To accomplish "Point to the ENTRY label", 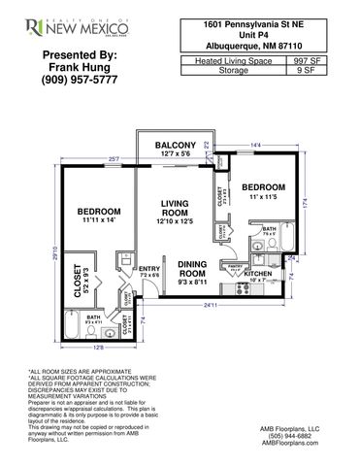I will pos(150,270).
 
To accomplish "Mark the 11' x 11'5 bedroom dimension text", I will pos(262,198).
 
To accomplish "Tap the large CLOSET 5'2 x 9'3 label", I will pos(83,281).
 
